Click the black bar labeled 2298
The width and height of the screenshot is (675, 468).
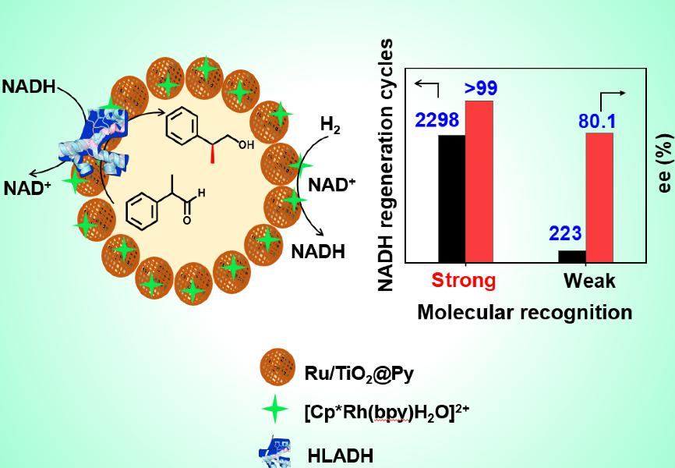point(451,199)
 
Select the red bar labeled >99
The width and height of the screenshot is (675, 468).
point(479,182)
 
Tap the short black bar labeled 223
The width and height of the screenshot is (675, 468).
point(572,257)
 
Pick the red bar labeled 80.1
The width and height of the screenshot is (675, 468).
point(599,197)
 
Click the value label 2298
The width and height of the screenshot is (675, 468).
point(437,120)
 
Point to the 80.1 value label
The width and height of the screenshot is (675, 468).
point(596,122)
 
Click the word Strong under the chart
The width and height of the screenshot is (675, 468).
point(464,281)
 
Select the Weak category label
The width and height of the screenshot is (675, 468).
point(589,281)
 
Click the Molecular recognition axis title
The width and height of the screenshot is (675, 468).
point(525,312)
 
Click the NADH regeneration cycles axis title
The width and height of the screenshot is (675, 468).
point(386,165)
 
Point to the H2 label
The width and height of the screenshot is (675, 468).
point(330,126)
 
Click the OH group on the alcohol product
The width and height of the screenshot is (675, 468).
point(246,145)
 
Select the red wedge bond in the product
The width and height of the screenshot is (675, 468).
point(212,154)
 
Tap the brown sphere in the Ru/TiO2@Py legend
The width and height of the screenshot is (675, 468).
point(277,367)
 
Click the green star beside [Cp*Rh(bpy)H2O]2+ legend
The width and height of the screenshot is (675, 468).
point(275,409)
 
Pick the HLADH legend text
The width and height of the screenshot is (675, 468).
point(341,456)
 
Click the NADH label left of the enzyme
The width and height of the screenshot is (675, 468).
point(29,87)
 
